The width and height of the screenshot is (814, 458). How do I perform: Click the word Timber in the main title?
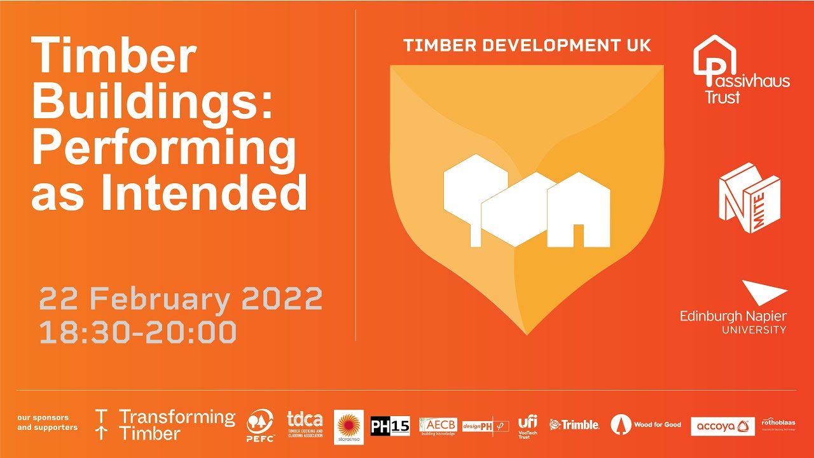click(114, 56)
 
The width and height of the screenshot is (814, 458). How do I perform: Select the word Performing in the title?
click(164, 149)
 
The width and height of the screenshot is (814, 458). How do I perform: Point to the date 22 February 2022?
click(181, 299)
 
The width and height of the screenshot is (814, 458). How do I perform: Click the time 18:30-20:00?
click(138, 332)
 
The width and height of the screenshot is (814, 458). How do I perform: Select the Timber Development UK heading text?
click(527, 46)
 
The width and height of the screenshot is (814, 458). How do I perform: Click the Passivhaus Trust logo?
click(740, 70)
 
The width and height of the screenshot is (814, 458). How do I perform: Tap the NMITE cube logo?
click(749, 197)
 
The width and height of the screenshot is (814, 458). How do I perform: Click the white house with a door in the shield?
click(578, 210)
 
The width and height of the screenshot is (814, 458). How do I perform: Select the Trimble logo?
click(574, 425)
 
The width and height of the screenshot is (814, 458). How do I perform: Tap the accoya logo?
click(722, 426)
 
